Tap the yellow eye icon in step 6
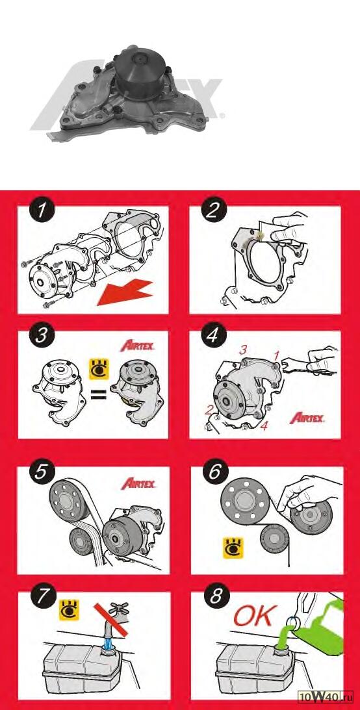pyautogui.click(x=233, y=548)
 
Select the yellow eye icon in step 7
pyautogui.click(x=70, y=609)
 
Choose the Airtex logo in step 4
pyautogui.click(x=307, y=417)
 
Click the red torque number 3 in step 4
pyautogui.click(x=243, y=350)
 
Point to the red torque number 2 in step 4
pyautogui.click(x=209, y=411)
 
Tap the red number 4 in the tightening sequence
pyautogui.click(x=264, y=426)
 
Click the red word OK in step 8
pyautogui.click(x=255, y=616)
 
